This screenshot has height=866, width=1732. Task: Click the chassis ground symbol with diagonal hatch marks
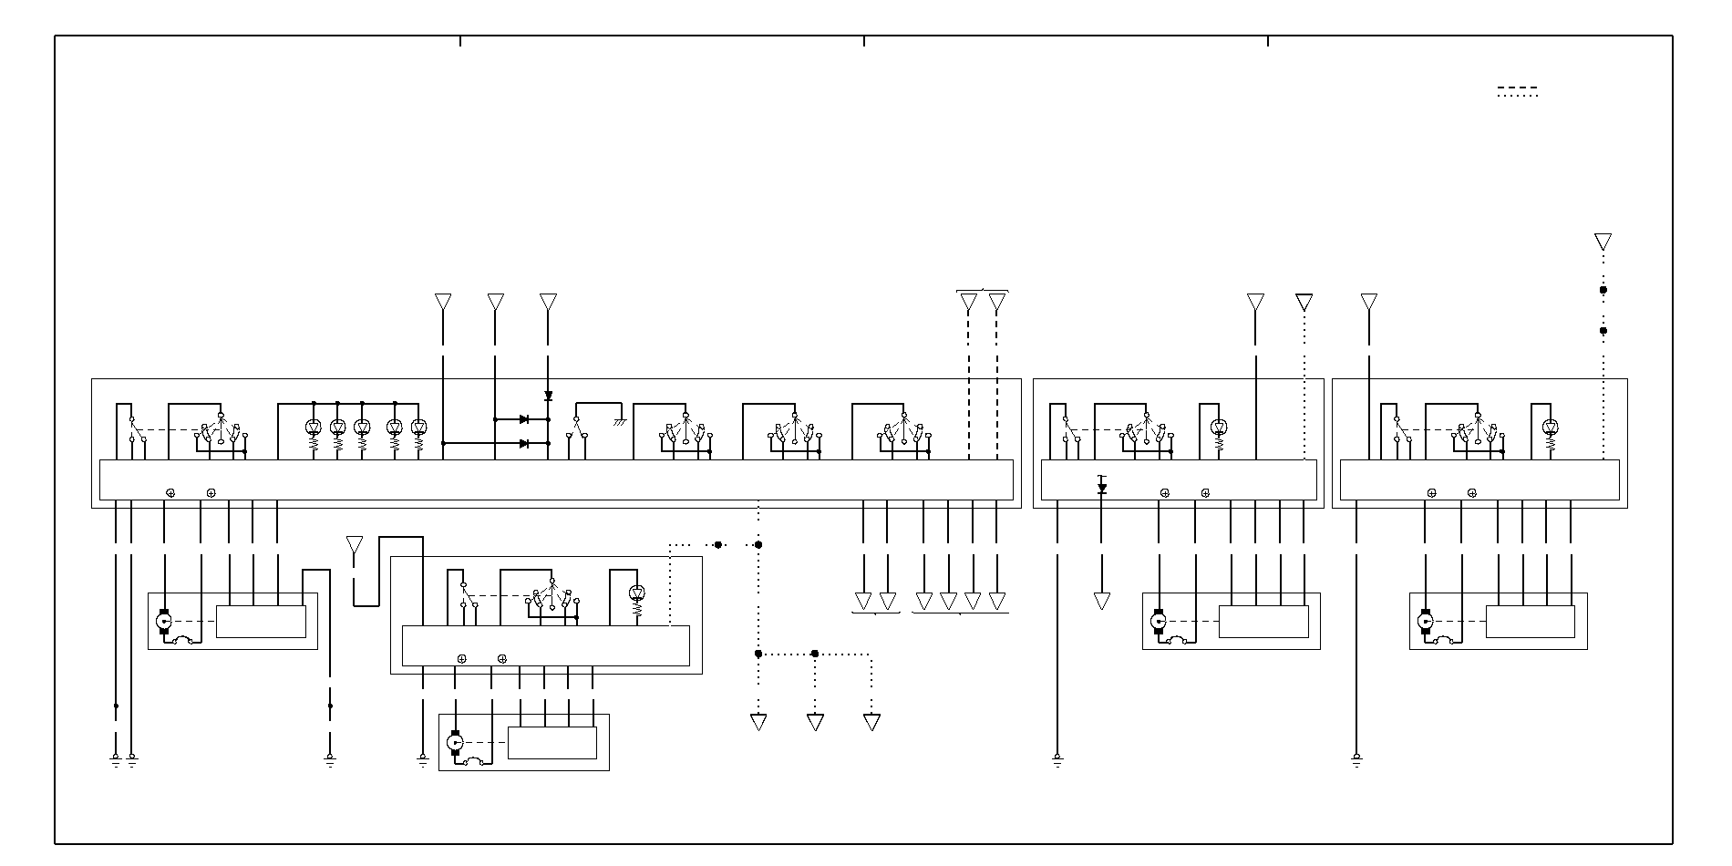[x=620, y=421]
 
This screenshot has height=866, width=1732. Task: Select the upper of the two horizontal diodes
[x=524, y=419]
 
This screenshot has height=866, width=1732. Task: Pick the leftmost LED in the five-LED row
[x=314, y=427]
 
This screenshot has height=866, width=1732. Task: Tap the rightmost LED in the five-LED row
[x=419, y=427]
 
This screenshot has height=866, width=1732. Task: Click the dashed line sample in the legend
[x=1518, y=88]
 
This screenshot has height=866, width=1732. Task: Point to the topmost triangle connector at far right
[x=1603, y=242]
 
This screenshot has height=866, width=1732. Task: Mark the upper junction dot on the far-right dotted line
[x=1603, y=290]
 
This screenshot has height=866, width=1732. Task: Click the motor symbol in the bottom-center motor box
[x=456, y=743]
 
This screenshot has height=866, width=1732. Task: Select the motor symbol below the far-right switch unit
[x=1426, y=622]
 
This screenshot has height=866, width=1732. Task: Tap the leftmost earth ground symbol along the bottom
[x=116, y=758]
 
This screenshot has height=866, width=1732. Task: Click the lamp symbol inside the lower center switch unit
[x=637, y=593]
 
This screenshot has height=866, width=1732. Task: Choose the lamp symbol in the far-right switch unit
[x=1551, y=427]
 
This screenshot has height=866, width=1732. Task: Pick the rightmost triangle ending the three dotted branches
[x=871, y=722]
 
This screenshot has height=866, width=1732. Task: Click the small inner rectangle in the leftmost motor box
[x=261, y=622]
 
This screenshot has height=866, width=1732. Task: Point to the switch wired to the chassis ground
[x=577, y=427]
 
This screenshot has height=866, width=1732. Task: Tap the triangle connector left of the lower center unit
[x=355, y=545]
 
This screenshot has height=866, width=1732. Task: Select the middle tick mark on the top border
[x=864, y=40]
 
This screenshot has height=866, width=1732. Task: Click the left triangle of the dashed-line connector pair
[x=969, y=302]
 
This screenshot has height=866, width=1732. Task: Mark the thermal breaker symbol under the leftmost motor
[x=182, y=640]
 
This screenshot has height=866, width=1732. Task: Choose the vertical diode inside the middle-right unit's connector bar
[x=1102, y=488]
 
